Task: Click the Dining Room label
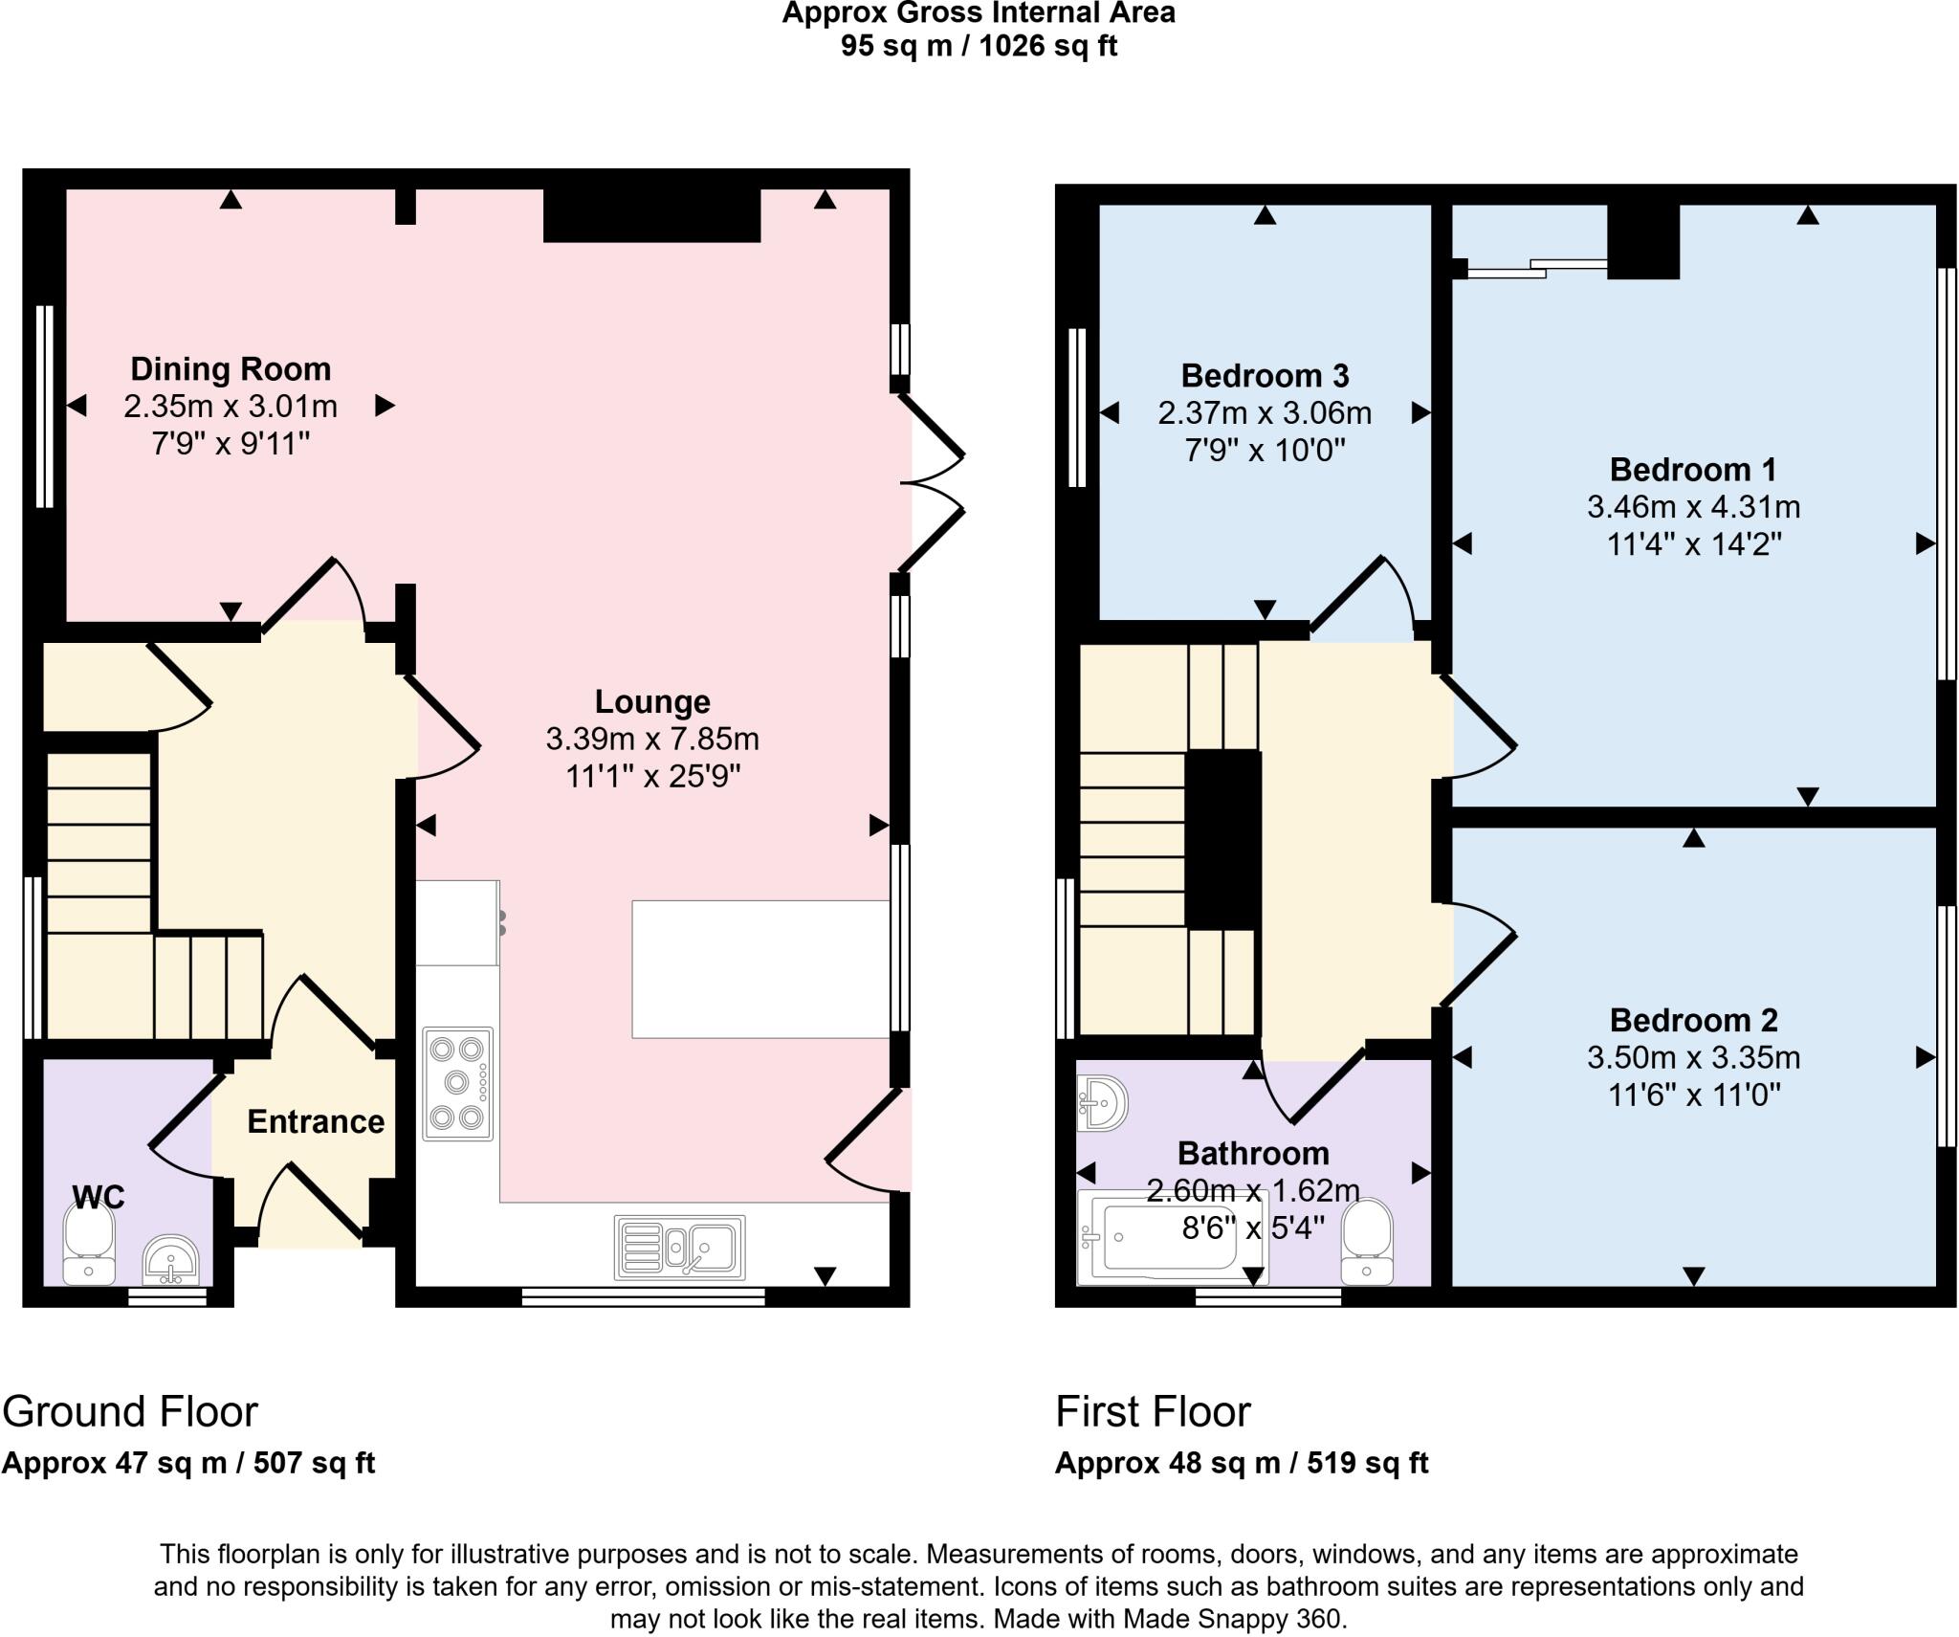(x=231, y=369)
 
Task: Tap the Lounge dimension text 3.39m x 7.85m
(x=652, y=739)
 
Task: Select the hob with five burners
(x=458, y=1084)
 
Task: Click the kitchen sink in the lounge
(x=680, y=1247)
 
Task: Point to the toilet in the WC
(x=89, y=1243)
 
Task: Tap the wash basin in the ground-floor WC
(x=170, y=1259)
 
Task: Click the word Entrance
(x=316, y=1121)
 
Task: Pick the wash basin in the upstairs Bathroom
(x=1102, y=1103)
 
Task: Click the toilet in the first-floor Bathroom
(x=1367, y=1242)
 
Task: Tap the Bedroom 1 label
(x=1693, y=470)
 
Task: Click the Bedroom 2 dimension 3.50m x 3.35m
(x=1693, y=1057)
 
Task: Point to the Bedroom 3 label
(x=1265, y=376)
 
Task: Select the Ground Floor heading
(x=130, y=1412)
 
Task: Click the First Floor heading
(x=1153, y=1412)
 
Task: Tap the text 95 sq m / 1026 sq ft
(x=979, y=46)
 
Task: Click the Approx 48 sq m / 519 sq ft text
(x=1242, y=1463)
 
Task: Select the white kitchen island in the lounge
(x=760, y=969)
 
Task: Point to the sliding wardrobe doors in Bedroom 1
(x=1536, y=268)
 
